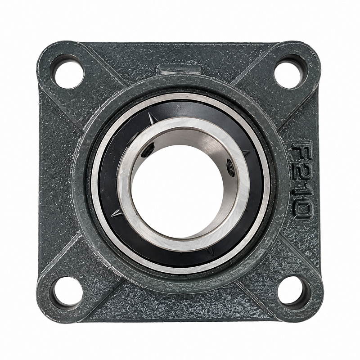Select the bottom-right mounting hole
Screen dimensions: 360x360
point(293,292)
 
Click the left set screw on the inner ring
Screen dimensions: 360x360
point(148,151)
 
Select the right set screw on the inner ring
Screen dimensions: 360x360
point(230,167)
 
